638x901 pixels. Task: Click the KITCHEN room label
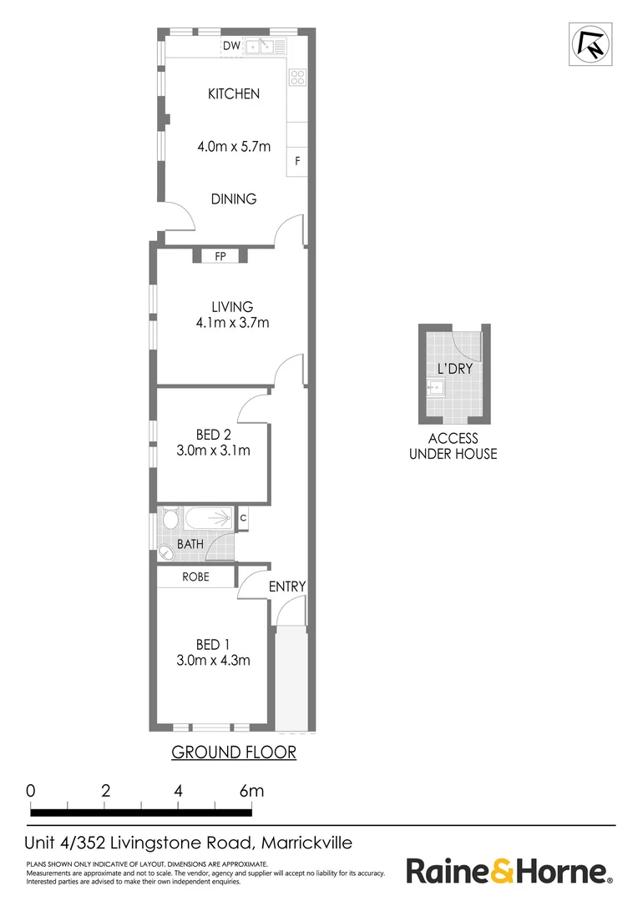pyautogui.click(x=234, y=94)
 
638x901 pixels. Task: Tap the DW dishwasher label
pyautogui.click(x=231, y=46)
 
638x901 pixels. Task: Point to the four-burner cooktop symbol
pyautogui.click(x=297, y=78)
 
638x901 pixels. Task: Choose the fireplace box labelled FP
pyautogui.click(x=220, y=256)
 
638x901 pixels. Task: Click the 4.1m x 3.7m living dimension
pyautogui.click(x=231, y=323)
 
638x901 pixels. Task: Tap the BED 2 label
pyautogui.click(x=213, y=435)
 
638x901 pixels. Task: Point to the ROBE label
pyautogui.click(x=195, y=576)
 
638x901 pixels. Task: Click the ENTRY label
pyautogui.click(x=287, y=586)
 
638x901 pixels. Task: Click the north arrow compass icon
pyautogui.click(x=590, y=44)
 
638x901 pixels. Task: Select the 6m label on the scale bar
pyautogui.click(x=251, y=791)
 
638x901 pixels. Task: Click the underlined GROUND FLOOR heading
pyautogui.click(x=234, y=753)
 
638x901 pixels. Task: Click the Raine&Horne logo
pyautogui.click(x=508, y=873)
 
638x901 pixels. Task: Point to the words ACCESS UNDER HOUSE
pyautogui.click(x=453, y=446)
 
